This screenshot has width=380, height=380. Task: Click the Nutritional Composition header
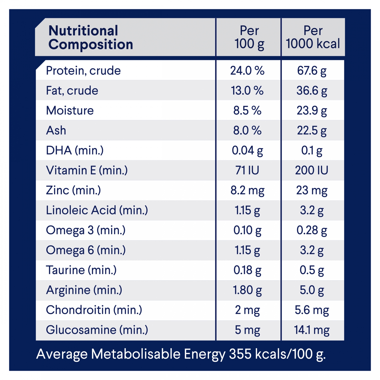click(91, 37)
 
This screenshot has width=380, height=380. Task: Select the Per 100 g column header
click(249, 37)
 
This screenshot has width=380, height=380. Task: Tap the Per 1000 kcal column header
click(313, 37)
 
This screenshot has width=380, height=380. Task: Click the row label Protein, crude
click(83, 71)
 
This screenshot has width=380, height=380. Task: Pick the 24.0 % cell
click(247, 71)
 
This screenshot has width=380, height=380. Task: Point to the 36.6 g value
click(312, 91)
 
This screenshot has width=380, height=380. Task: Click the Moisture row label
click(70, 110)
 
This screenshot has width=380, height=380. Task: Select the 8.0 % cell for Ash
click(247, 130)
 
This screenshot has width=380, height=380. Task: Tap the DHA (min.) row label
click(75, 150)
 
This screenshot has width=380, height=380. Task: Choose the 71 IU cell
click(247, 170)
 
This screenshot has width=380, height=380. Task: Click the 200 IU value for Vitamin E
click(312, 170)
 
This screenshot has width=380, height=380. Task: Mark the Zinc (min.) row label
click(73, 190)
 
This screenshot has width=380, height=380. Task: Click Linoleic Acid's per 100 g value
click(247, 210)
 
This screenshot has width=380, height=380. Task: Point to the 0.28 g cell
click(312, 230)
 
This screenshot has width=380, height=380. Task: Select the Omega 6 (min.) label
click(86, 250)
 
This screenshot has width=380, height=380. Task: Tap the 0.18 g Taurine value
click(247, 270)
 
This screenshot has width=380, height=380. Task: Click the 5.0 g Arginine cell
click(312, 290)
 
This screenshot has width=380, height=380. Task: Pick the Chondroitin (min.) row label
click(94, 310)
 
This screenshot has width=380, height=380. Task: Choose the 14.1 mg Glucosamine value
click(312, 330)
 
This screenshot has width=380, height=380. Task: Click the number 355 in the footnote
click(240, 354)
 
